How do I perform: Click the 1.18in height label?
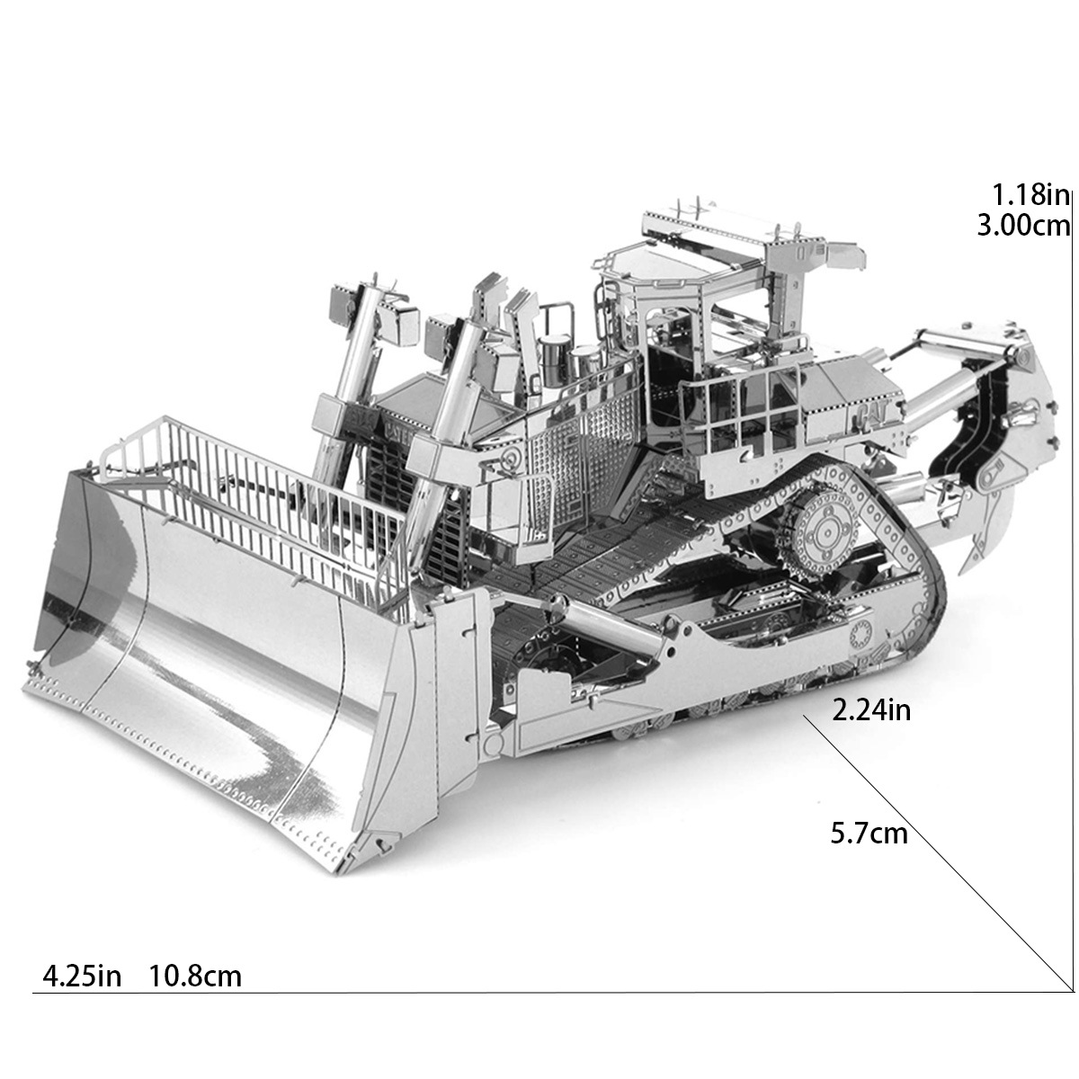[x=1030, y=194]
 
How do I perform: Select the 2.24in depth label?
[x=871, y=710]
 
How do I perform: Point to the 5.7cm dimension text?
[x=869, y=834]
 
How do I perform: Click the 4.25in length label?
[x=82, y=976]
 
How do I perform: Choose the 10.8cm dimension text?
[x=195, y=976]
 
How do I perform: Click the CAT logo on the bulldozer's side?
[x=869, y=415]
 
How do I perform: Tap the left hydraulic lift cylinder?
[x=351, y=360]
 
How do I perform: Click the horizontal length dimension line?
[x=539, y=993]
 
